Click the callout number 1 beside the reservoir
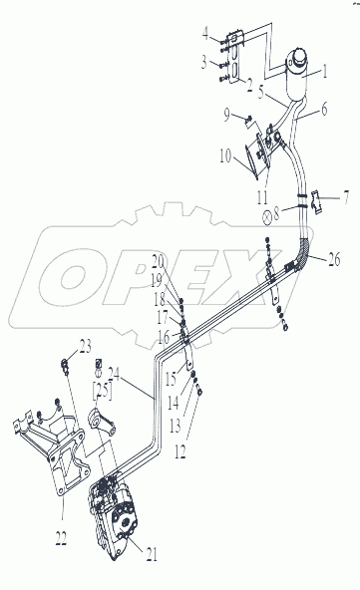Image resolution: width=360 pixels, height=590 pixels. [324, 71]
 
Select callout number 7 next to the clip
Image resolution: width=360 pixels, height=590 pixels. [345, 197]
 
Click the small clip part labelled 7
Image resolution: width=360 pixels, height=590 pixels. [317, 203]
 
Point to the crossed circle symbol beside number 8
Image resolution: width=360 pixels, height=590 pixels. [267, 217]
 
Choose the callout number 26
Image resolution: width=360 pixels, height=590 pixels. [334, 259]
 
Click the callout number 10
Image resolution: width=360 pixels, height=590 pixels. [225, 156]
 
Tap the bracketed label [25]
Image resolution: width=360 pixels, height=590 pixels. [102, 391]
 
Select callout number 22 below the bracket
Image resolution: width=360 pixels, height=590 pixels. [61, 539]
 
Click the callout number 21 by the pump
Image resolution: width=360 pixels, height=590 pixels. [152, 554]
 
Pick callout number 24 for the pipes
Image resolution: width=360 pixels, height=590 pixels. [114, 374]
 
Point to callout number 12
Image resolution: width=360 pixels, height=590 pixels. [180, 451]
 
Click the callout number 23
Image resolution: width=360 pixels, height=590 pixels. [85, 347]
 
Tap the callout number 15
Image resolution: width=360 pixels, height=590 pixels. [171, 380]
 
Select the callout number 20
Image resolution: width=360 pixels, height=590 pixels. [159, 260]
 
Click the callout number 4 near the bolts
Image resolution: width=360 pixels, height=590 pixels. [205, 34]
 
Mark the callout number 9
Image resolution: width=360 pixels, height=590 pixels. [226, 116]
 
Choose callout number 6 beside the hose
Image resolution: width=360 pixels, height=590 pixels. [323, 109]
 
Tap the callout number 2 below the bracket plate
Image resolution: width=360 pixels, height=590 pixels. [249, 86]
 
